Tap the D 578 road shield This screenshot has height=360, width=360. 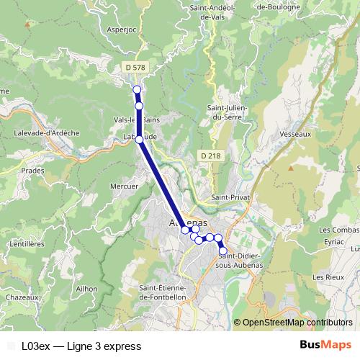coord(135,67)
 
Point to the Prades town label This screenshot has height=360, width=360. coord(33,171)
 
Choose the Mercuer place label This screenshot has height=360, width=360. coord(124,186)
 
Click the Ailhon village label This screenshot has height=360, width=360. coord(86,288)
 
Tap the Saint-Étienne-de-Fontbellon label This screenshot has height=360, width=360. coord(163,292)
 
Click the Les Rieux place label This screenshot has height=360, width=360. coord(327,276)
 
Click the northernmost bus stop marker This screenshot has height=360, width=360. coord(137,89)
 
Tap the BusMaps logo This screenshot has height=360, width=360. coord(325,345)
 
